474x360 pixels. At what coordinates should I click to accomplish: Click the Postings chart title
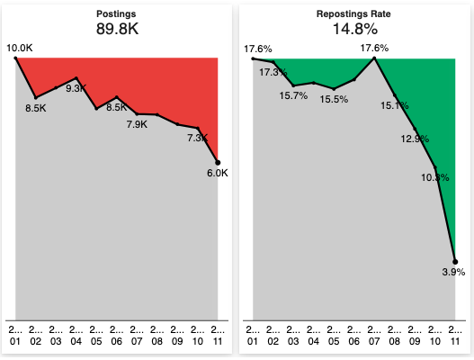click(x=117, y=14)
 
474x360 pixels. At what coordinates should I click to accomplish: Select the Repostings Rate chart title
click(x=354, y=14)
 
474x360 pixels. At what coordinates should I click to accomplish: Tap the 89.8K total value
click(x=117, y=29)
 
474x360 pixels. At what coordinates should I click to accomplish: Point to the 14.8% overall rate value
click(x=354, y=29)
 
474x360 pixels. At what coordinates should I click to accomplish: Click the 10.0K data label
click(x=19, y=47)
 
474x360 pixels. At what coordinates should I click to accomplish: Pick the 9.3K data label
click(x=76, y=88)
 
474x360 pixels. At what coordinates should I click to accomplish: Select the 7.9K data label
click(x=137, y=124)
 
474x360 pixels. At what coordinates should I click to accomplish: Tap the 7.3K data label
click(x=197, y=139)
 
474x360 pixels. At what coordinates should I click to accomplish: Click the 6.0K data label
click(x=217, y=173)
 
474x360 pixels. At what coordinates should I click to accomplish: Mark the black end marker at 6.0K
click(x=218, y=162)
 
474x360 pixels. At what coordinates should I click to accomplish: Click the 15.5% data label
click(x=334, y=99)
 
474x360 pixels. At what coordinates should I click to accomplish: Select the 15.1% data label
click(x=394, y=105)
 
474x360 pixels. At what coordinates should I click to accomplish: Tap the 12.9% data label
click(x=414, y=139)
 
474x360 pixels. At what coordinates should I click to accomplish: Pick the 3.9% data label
click(x=454, y=272)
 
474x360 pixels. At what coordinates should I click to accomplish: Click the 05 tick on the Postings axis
click(x=97, y=336)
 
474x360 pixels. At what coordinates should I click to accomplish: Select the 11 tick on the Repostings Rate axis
click(x=455, y=336)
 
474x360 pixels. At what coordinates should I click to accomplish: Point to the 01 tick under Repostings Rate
click(x=254, y=336)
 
